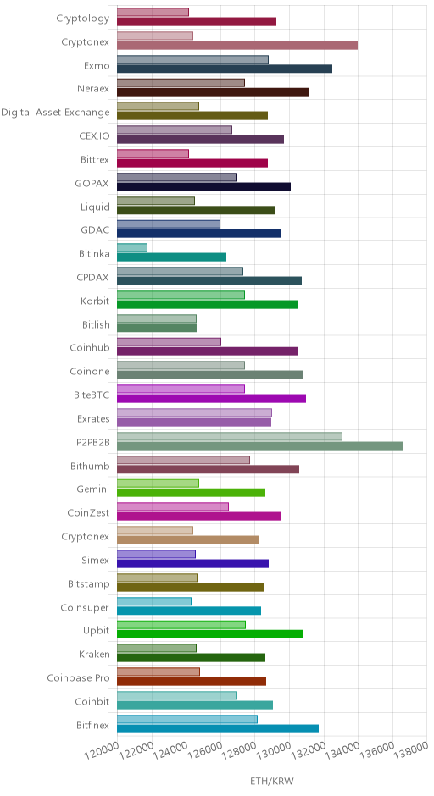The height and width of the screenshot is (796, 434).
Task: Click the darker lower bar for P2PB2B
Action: click(259, 445)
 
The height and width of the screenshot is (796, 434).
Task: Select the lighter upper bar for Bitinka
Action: click(132, 247)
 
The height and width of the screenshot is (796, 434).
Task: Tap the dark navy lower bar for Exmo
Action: click(225, 69)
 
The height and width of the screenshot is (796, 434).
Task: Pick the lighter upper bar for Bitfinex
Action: click(187, 719)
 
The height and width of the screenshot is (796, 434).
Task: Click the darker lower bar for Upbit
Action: click(210, 634)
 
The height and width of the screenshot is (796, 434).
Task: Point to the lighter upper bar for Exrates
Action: click(194, 412)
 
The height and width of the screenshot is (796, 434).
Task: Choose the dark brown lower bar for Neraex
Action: click(213, 92)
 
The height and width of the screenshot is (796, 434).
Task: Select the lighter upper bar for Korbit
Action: click(181, 295)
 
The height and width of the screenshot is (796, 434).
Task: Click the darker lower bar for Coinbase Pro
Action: click(192, 682)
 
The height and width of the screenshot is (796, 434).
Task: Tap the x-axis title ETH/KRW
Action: click(272, 782)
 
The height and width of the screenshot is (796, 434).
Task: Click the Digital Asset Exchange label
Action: click(55, 112)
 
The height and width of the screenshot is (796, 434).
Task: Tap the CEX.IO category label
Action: click(94, 136)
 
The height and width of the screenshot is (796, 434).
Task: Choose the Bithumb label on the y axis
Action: click(90, 466)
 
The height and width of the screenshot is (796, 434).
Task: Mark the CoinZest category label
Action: click(88, 512)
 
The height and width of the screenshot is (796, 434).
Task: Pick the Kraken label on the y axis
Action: click(94, 655)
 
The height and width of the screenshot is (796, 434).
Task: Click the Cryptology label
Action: click(83, 19)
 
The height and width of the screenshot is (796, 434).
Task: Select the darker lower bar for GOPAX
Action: click(203, 186)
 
